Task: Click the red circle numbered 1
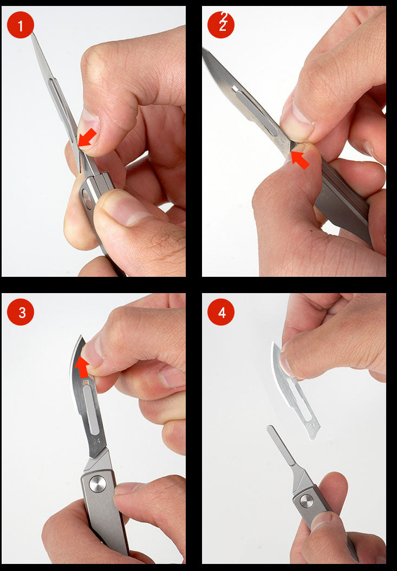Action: (21, 25)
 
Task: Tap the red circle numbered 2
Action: (221, 25)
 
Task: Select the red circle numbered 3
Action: (21, 312)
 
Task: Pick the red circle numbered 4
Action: (221, 312)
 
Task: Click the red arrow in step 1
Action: (87, 138)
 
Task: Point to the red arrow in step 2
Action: (300, 159)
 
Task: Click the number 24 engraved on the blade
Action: (97, 440)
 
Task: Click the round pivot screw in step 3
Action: (97, 483)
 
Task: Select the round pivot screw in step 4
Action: (307, 501)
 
